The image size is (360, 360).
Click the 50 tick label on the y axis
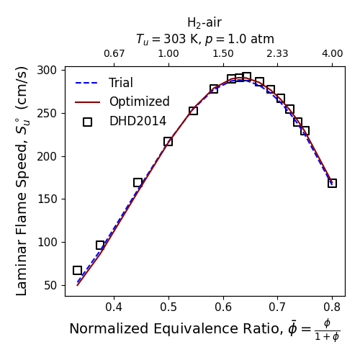pyautogui.click(x=50, y=285)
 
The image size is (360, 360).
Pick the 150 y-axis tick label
pyautogui.click(x=47, y=199)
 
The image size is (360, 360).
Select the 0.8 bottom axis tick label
pyautogui.click(x=332, y=307)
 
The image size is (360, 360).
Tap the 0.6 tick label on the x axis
pyautogui.click(x=223, y=307)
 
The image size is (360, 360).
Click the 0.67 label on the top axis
pyautogui.click(x=114, y=53)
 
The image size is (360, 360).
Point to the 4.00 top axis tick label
pyautogui.click(x=333, y=53)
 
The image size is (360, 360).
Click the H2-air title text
pyautogui.click(x=204, y=23)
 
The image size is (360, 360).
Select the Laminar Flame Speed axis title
pyautogui.click(x=22, y=181)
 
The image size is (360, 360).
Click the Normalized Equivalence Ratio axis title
pyautogui.click(x=204, y=329)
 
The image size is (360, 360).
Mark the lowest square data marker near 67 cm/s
pyautogui.click(x=77, y=271)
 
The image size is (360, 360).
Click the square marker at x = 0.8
pyautogui.click(x=332, y=184)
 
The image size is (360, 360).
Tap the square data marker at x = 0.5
pyautogui.click(x=168, y=142)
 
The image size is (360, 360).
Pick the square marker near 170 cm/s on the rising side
pyautogui.click(x=138, y=183)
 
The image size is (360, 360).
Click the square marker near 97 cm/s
pyautogui.click(x=100, y=246)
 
